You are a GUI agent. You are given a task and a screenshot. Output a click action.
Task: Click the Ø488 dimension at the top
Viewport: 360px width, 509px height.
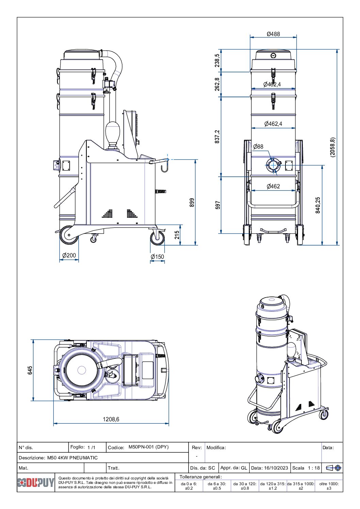pos(273,34)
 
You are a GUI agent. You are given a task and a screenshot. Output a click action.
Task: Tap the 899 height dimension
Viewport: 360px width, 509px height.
pos(192,203)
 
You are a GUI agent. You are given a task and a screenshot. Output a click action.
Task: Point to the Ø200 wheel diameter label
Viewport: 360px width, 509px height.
pos(69,255)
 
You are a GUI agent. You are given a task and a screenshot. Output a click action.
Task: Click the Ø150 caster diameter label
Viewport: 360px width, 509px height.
pos(157,257)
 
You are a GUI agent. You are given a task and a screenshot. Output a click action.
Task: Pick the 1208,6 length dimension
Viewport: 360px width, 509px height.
pos(111,419)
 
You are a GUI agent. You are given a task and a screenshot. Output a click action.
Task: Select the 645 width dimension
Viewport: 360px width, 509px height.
pos(30,370)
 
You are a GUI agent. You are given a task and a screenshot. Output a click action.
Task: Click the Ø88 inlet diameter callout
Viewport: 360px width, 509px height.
pos(258,147)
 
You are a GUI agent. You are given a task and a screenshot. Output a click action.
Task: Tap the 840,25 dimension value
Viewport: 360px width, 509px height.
pos(318,205)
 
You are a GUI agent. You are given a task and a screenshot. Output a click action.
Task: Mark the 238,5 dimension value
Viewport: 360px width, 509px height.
pos(217,61)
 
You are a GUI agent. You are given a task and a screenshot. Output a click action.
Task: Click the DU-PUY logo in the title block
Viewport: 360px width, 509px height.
pos(36,482)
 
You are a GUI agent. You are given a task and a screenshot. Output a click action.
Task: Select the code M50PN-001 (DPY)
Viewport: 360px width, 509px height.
pos(148,447)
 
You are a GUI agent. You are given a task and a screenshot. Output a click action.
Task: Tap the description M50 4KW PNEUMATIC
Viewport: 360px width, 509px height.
pos(72,458)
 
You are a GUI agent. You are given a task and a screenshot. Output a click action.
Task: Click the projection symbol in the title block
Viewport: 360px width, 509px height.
pos(333,468)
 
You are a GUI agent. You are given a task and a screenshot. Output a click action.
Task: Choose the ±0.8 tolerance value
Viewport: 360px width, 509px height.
pos(245,488)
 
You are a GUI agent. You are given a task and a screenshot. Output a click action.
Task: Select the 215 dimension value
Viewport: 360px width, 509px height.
pos(177,235)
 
